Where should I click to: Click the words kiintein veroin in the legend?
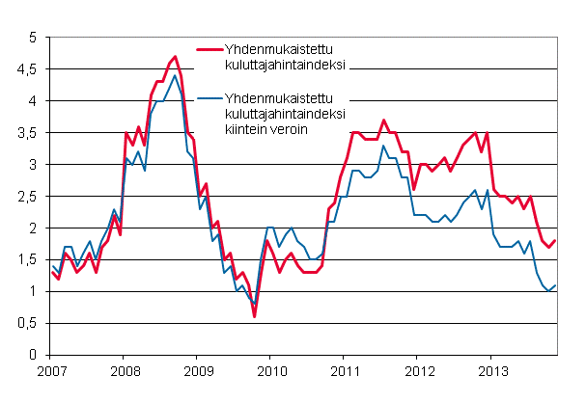(266, 130)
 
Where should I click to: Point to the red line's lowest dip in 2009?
(254, 316)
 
